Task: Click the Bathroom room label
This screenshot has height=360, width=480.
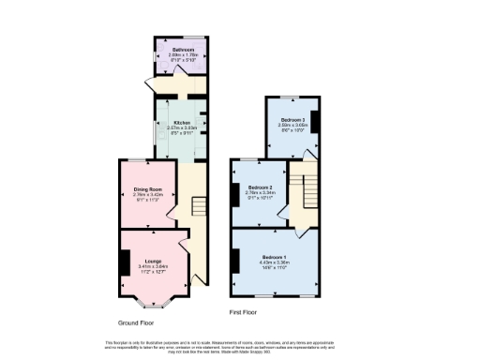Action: tap(183, 50)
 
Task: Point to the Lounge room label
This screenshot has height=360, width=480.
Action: tap(153, 260)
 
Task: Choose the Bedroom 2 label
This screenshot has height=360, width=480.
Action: tap(259, 187)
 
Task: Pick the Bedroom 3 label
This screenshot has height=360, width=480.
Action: tap(293, 121)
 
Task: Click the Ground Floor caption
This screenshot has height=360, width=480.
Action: tap(136, 321)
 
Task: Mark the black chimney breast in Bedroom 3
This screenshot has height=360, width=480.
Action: tap(315, 122)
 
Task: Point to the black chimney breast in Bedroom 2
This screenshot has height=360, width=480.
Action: tap(234, 193)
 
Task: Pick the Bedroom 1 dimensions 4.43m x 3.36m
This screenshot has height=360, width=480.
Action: tap(275, 262)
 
